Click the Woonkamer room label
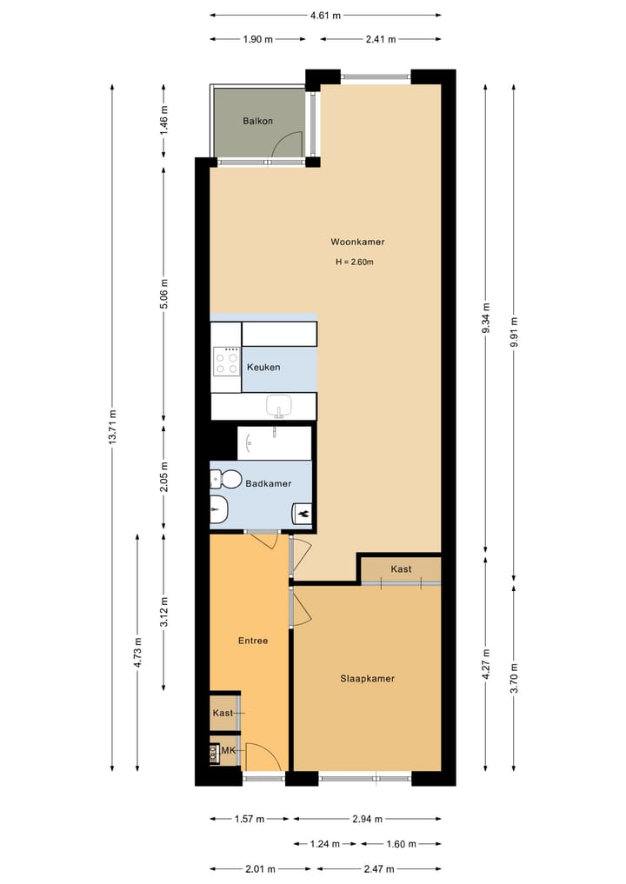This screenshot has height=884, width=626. tap(356, 242)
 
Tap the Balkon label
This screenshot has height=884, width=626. tap(257, 121)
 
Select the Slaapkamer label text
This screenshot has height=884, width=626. tap(367, 679)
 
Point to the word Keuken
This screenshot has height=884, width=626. tap(263, 368)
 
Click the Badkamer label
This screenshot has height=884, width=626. tap(268, 483)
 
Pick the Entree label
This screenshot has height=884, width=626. tap(252, 641)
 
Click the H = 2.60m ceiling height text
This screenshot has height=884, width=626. tap(354, 262)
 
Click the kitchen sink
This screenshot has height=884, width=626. tap(278, 405)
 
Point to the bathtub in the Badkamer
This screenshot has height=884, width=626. tap(274, 442)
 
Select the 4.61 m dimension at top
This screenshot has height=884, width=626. tap(325, 15)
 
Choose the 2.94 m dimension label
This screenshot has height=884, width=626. tap(366, 819)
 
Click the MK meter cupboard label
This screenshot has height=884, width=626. tap(229, 751)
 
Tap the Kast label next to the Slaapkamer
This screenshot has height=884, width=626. tap(401, 569)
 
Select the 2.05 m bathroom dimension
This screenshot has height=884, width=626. tap(164, 476)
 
